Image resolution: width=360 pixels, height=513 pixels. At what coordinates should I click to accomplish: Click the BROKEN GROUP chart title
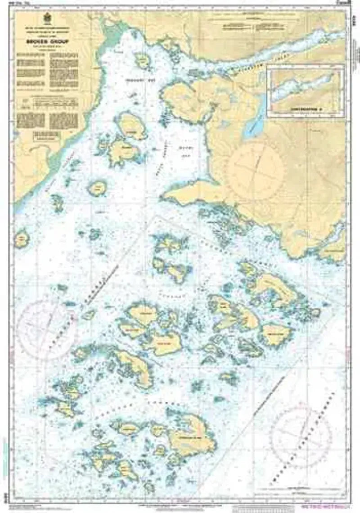click(46, 39)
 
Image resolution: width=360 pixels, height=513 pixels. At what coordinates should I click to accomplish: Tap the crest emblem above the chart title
click(46, 20)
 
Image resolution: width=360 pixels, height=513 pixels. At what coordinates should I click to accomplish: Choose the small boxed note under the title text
click(46, 136)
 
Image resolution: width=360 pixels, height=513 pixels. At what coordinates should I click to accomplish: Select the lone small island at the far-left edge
click(21, 239)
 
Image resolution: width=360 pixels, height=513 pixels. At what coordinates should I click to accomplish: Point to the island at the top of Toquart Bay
click(143, 60)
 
